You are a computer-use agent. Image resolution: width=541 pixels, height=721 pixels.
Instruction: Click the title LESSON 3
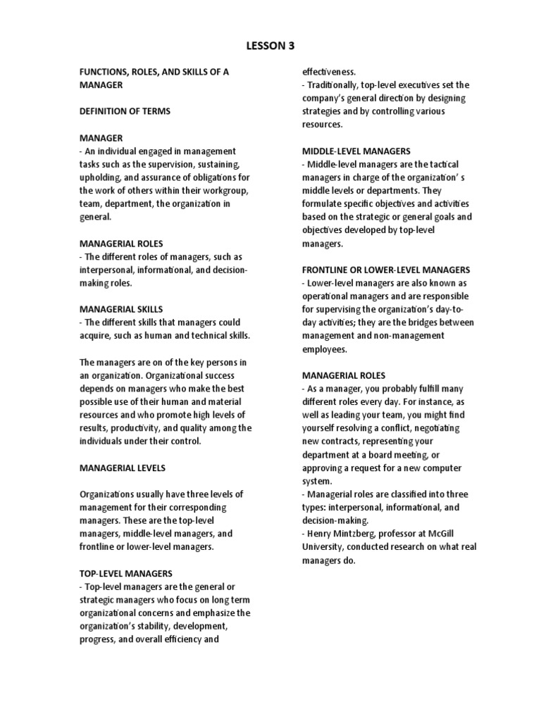tap(270, 46)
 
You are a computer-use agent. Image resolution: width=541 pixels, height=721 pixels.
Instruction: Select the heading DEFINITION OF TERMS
tap(125, 111)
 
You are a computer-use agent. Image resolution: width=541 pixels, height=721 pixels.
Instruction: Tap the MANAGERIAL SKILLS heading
tap(120, 308)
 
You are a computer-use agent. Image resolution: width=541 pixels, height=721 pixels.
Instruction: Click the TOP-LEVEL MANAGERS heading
tap(125, 574)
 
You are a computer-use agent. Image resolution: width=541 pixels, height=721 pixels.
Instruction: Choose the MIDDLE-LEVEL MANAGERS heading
tap(356, 151)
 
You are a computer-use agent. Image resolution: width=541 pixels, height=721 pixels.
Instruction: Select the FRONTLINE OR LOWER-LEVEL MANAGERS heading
tap(386, 270)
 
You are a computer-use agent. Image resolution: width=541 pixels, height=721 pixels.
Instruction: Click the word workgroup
tap(219, 191)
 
